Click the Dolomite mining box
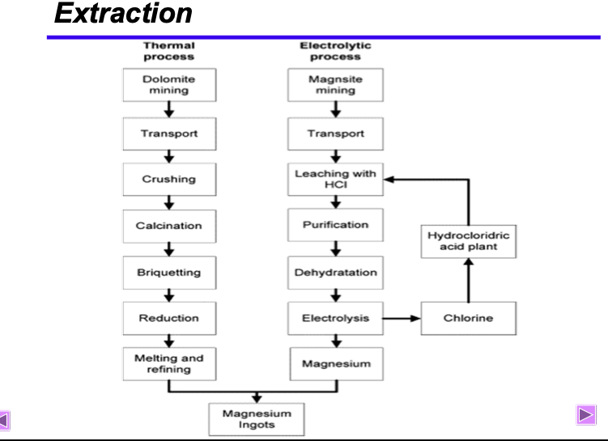tap(169, 85)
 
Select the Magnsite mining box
tap(335, 85)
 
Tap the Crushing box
tap(169, 179)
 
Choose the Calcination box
tap(169, 227)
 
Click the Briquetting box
tap(169, 273)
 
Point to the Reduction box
tap(169, 318)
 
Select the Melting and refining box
tap(169, 364)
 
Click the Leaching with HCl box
tap(335, 179)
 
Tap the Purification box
tap(335, 225)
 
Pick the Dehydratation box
tap(335, 273)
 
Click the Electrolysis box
tap(335, 318)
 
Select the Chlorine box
tap(469, 318)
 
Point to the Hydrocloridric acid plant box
tap(469, 241)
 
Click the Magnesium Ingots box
tap(257, 419)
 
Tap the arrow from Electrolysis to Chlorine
tap(402, 319)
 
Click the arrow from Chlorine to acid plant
tap(469, 280)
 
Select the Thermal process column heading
tap(169, 51)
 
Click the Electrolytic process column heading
tap(335, 51)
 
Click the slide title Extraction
tap(123, 13)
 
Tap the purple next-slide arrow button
tap(586, 415)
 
